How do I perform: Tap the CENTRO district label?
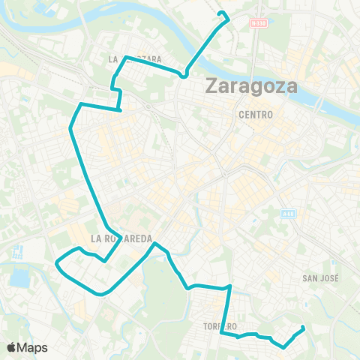coord(256,114)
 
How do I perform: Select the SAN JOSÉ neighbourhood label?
coord(321,277)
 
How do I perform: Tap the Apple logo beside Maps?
coord(11,347)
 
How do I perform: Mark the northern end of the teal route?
coord(219,13)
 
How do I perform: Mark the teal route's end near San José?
coord(303,327)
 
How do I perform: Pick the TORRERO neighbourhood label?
coord(219,326)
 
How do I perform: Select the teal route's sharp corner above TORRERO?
coord(229,286)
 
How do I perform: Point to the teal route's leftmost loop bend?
coord(58,262)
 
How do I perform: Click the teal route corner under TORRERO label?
coord(220,334)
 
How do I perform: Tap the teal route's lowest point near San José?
coord(283,346)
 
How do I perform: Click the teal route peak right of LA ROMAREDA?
coord(154,243)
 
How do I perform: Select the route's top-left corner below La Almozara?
coord(80,103)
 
